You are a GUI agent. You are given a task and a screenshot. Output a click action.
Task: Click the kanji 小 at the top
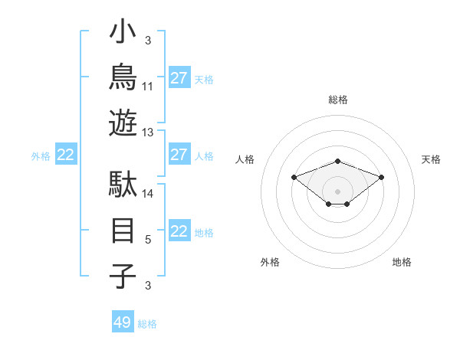pos(123,31)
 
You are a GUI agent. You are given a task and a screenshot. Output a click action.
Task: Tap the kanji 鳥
pos(123,77)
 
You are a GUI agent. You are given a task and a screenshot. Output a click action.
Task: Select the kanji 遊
pos(123,123)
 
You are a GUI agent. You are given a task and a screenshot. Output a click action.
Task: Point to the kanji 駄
pos(123,184)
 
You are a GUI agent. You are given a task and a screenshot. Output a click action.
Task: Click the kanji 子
pos(123,276)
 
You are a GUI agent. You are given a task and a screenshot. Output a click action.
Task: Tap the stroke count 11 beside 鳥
pos(147,87)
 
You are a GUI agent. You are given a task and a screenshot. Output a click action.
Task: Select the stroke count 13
pos(147,133)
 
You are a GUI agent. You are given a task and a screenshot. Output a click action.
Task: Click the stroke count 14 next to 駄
pos(147,194)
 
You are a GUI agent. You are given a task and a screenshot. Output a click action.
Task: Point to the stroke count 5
pos(148,240)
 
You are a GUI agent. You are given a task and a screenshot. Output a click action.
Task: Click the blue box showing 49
pos(123,321)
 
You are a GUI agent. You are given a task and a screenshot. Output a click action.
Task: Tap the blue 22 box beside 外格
pos(66,154)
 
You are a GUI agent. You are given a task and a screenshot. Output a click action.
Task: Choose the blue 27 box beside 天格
pos(179,77)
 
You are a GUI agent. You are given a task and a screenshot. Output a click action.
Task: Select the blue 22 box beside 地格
pos(179,230)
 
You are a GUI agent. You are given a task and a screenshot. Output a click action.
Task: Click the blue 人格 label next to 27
pos(204,156)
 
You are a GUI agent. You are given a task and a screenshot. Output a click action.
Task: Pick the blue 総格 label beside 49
pos(147,324)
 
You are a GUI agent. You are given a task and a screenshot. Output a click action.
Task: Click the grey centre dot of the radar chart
pos(337,191)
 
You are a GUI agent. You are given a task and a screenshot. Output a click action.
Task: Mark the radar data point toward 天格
pos(381,178)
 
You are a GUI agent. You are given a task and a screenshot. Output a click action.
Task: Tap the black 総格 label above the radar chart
pos(338,100)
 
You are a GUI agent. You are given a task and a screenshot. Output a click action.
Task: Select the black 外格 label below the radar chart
pos(270,262)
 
